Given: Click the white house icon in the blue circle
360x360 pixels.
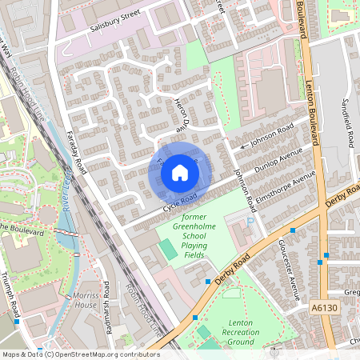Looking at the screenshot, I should pyautogui.click(x=180, y=172).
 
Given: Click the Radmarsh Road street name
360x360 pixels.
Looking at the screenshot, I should pyautogui.click(x=105, y=324).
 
